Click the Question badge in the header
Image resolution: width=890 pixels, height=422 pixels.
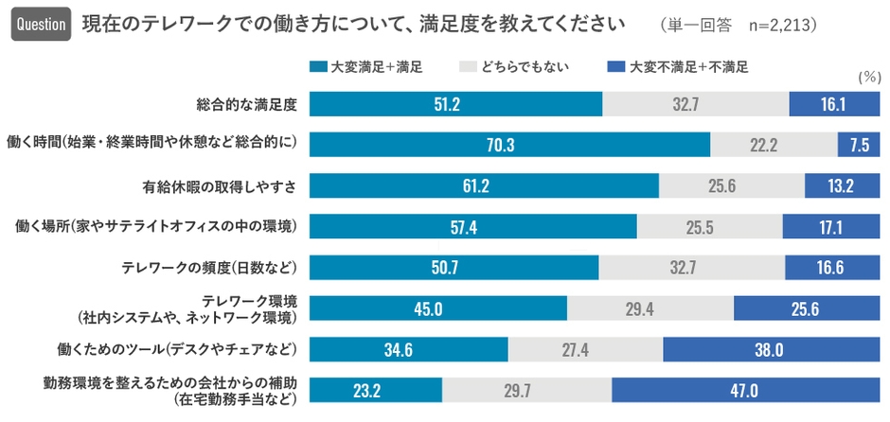pyautogui.click(x=41, y=23)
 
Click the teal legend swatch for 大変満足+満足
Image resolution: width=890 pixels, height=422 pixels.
pyautogui.click(x=318, y=66)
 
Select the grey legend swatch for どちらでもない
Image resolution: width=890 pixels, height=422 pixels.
pyautogui.click(x=466, y=66)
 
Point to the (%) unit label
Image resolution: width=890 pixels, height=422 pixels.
pyautogui.click(x=866, y=79)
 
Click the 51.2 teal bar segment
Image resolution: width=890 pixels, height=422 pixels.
pyautogui.click(x=455, y=104)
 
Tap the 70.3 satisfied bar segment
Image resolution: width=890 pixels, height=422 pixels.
pyautogui.click(x=509, y=144)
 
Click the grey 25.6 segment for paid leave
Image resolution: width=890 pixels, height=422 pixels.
pyautogui.click(x=731, y=185)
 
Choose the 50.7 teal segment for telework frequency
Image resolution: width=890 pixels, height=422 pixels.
pyautogui.click(x=454, y=268)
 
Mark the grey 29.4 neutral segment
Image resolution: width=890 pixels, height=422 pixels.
pyautogui.click(x=650, y=308)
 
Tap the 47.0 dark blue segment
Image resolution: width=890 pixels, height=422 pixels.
pyautogui.click(x=740, y=391)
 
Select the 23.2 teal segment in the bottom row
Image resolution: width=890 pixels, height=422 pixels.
pyautogui.click(x=375, y=391)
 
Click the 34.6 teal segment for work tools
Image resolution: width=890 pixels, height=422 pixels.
pyautogui.click(x=408, y=350)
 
